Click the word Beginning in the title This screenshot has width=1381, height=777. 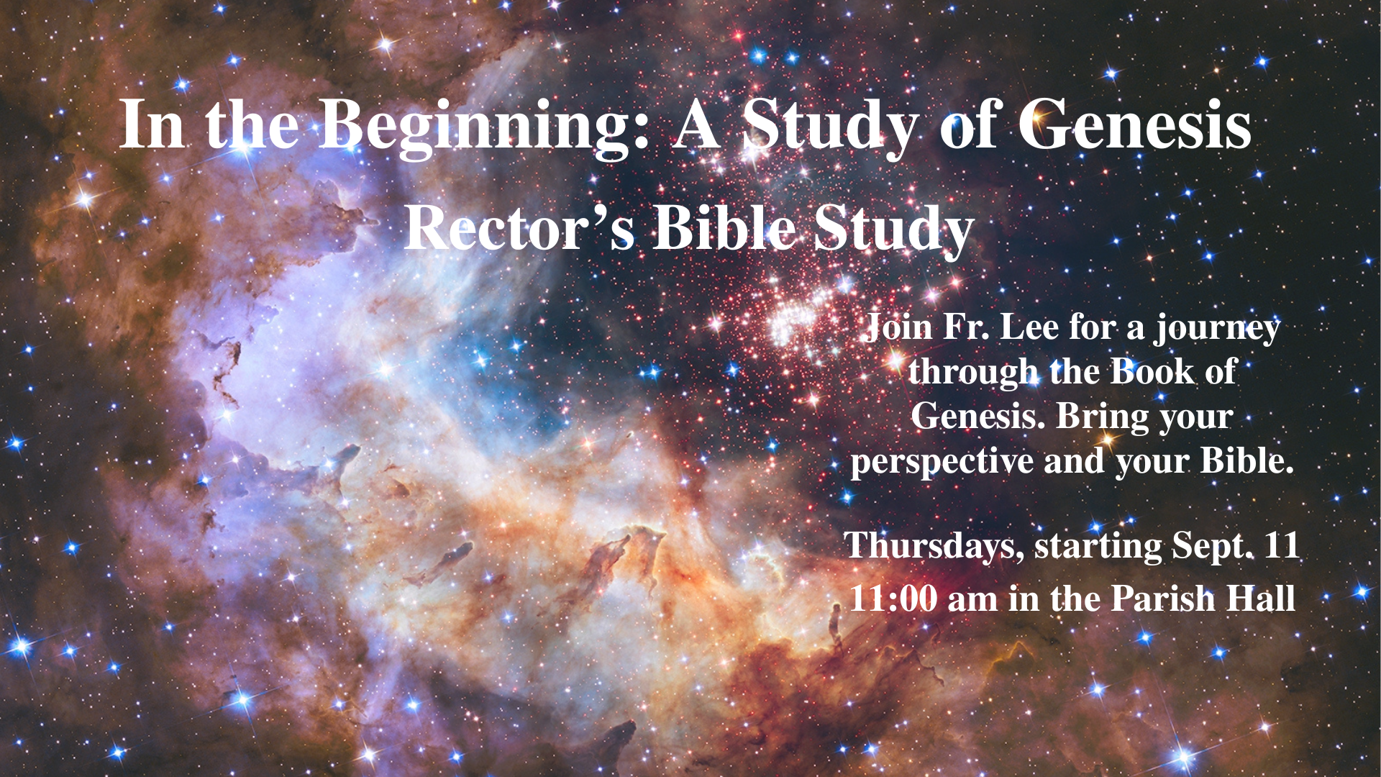486,127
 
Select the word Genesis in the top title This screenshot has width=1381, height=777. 1134,124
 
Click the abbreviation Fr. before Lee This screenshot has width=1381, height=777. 965,327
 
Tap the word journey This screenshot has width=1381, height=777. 1218,330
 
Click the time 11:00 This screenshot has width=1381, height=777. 893,599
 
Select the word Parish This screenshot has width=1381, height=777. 1163,599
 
